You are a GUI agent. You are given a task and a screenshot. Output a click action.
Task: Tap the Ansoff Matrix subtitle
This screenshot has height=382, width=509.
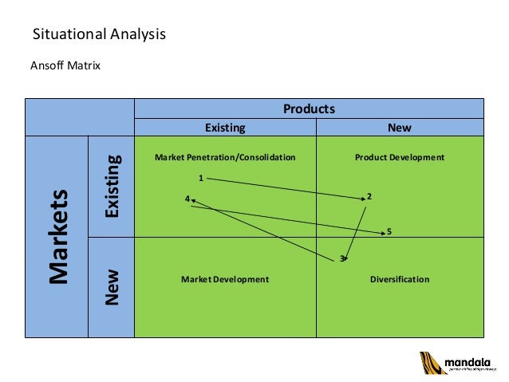tap(65, 65)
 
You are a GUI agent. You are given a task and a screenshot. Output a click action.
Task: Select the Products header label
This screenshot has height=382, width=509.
tap(309, 108)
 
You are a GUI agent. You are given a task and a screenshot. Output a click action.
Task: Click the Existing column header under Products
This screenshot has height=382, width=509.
tap(225, 127)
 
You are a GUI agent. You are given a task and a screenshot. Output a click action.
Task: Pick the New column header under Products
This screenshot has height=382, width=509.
tap(399, 127)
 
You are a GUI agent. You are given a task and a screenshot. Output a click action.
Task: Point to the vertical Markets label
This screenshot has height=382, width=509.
tap(57, 237)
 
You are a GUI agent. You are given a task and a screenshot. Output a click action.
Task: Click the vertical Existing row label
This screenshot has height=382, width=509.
tap(112, 187)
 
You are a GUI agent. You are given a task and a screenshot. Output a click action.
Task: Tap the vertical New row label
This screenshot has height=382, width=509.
tap(112, 287)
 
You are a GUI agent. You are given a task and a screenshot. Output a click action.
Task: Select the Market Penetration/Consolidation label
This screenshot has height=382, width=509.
tap(225, 157)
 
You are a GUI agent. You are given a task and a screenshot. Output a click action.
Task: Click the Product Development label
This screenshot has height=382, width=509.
tap(399, 157)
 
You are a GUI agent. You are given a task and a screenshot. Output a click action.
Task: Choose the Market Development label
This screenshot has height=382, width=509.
tap(225, 279)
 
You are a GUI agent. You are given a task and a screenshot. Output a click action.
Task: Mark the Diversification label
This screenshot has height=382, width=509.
tap(400, 279)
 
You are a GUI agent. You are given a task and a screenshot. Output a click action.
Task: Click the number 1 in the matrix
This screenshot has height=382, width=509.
tap(201, 177)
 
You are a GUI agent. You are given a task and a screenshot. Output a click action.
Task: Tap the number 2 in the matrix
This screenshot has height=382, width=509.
tap(369, 196)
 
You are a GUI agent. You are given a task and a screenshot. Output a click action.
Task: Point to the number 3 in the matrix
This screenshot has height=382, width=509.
tap(341, 258)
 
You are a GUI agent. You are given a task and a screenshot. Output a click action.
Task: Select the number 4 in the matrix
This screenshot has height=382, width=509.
tap(187, 198)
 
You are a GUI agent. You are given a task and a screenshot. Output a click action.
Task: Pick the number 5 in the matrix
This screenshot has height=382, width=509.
tap(389, 232)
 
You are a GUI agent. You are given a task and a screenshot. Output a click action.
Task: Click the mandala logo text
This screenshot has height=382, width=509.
tap(463, 360)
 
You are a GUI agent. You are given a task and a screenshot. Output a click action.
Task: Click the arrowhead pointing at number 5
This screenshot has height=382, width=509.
tap(381, 230)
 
